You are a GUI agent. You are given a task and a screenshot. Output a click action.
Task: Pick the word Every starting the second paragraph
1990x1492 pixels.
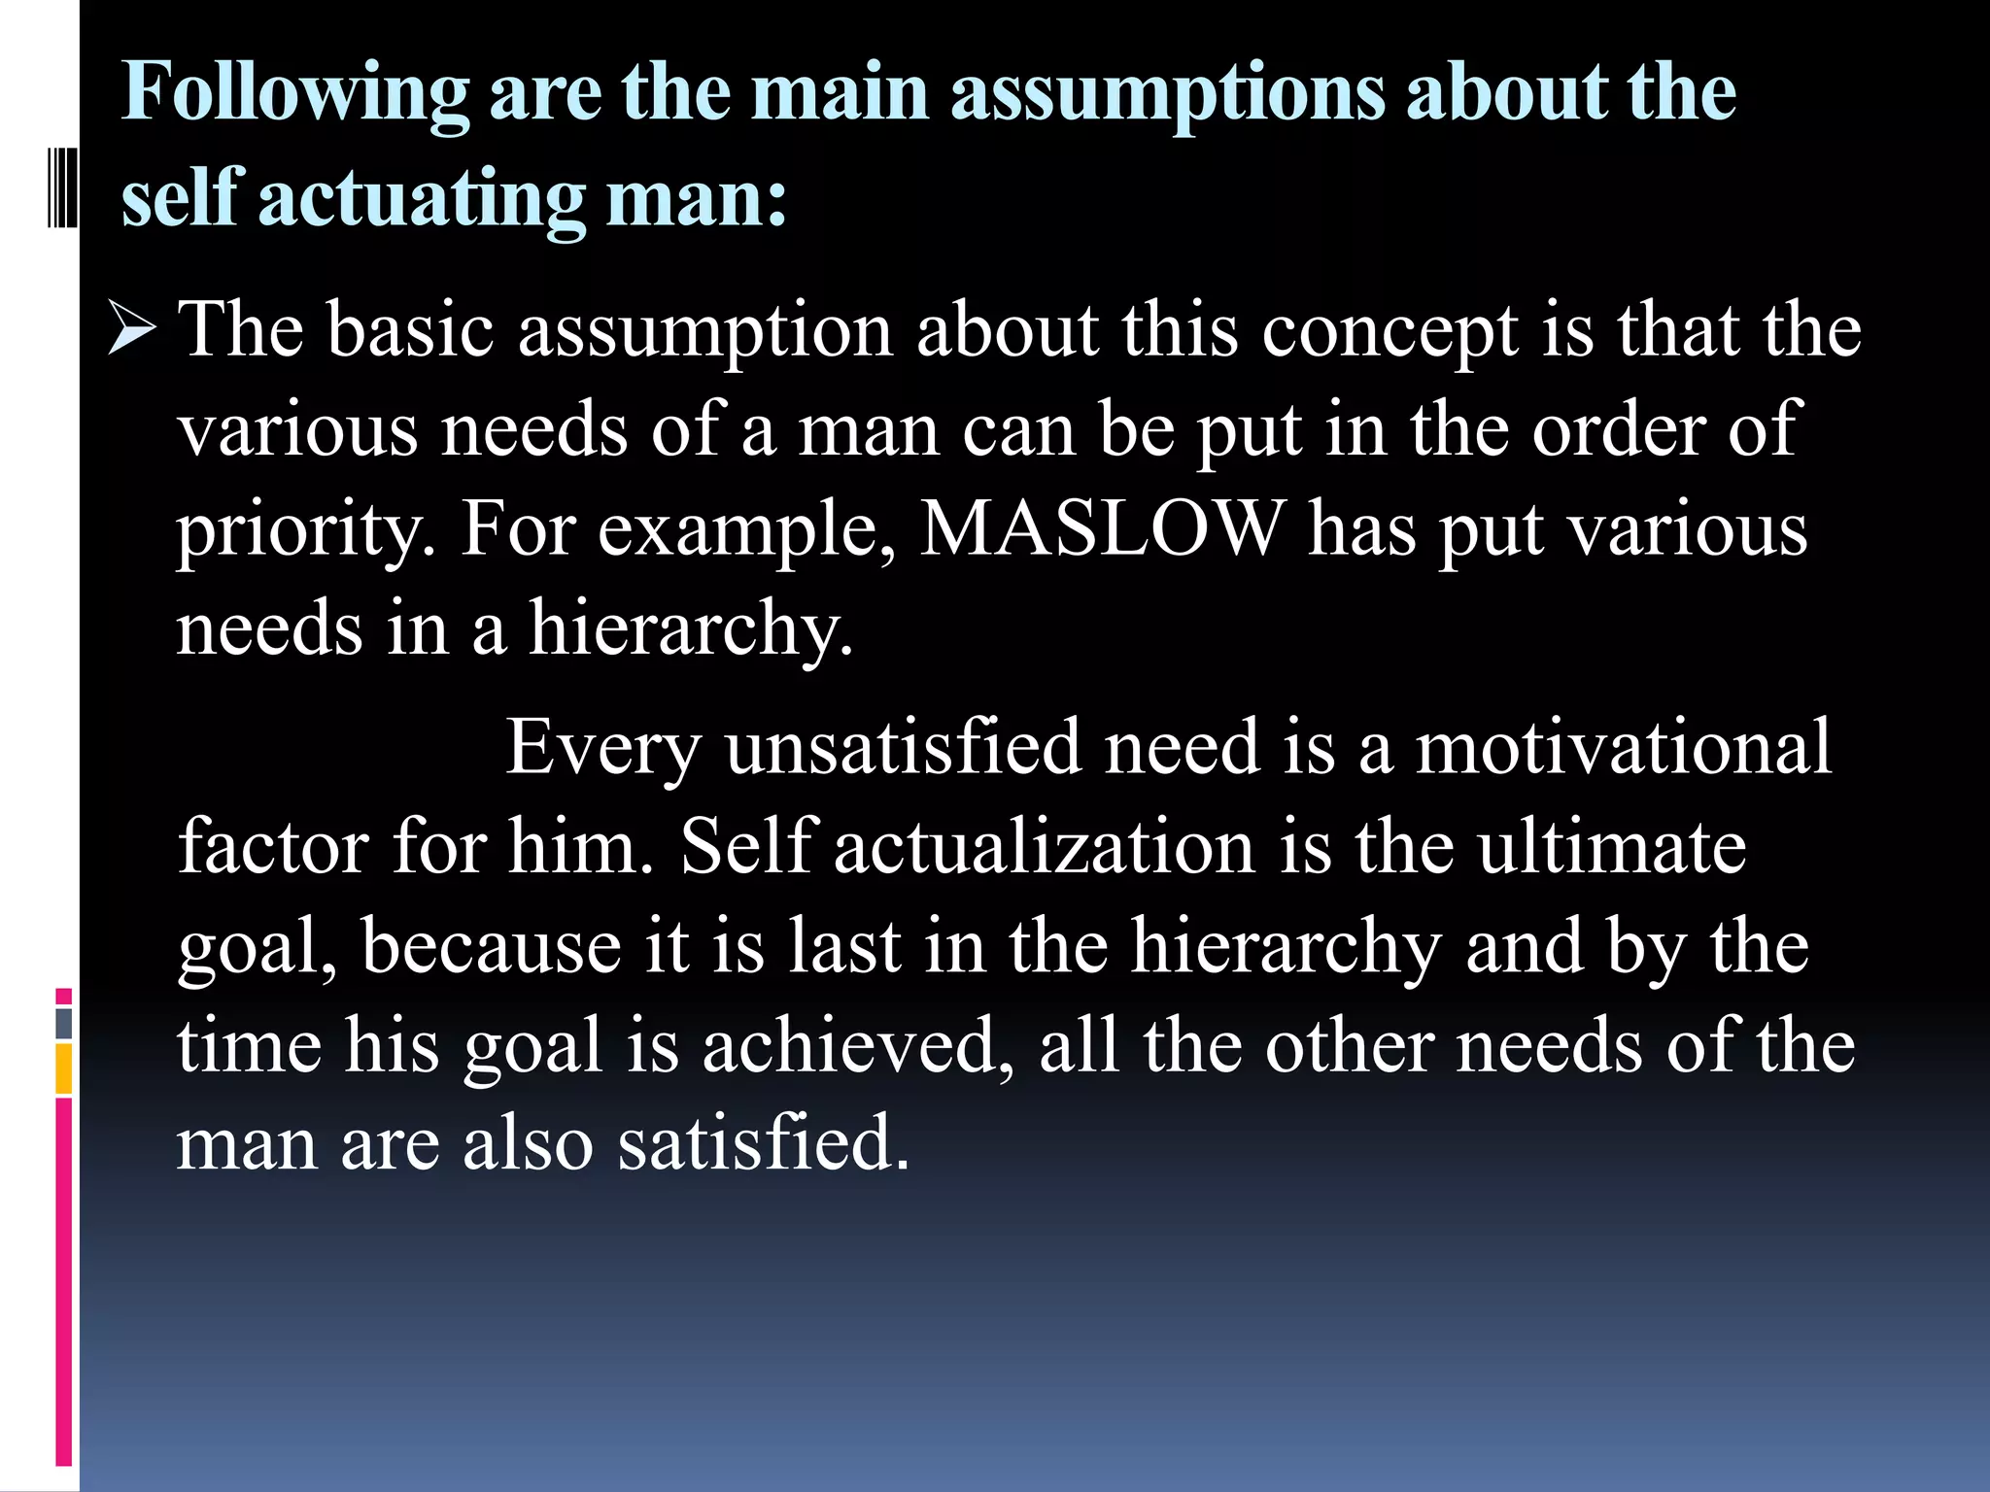click(x=602, y=748)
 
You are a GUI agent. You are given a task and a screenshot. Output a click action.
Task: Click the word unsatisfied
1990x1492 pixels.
click(x=903, y=748)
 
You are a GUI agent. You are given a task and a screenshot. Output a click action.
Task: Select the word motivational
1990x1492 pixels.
click(x=1623, y=748)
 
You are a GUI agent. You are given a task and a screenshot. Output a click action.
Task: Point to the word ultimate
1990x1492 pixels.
click(x=1612, y=847)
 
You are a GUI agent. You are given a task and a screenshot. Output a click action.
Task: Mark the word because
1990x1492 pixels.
click(x=492, y=946)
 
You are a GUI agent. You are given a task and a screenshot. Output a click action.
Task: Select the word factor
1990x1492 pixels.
click(x=273, y=847)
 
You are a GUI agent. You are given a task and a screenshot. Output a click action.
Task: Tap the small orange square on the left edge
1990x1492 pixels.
click(x=63, y=1068)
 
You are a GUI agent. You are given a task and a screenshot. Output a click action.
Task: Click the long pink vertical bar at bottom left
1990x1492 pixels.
click(x=63, y=1282)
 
